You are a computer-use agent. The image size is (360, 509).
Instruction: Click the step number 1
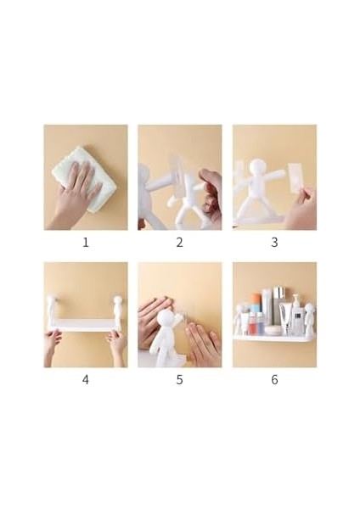tap(86, 243)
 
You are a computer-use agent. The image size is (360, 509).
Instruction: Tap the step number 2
tap(179, 243)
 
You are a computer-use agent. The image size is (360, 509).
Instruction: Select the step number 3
tap(274, 243)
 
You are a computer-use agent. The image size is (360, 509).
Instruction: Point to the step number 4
tap(86, 379)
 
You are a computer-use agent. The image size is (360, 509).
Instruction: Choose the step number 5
tap(179, 379)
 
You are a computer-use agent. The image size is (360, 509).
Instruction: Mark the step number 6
tap(274, 379)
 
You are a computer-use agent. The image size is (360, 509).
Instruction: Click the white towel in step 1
tap(75, 174)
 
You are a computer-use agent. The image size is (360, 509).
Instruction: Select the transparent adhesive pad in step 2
tap(180, 170)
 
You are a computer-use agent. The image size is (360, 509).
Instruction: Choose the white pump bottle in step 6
tap(295, 314)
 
